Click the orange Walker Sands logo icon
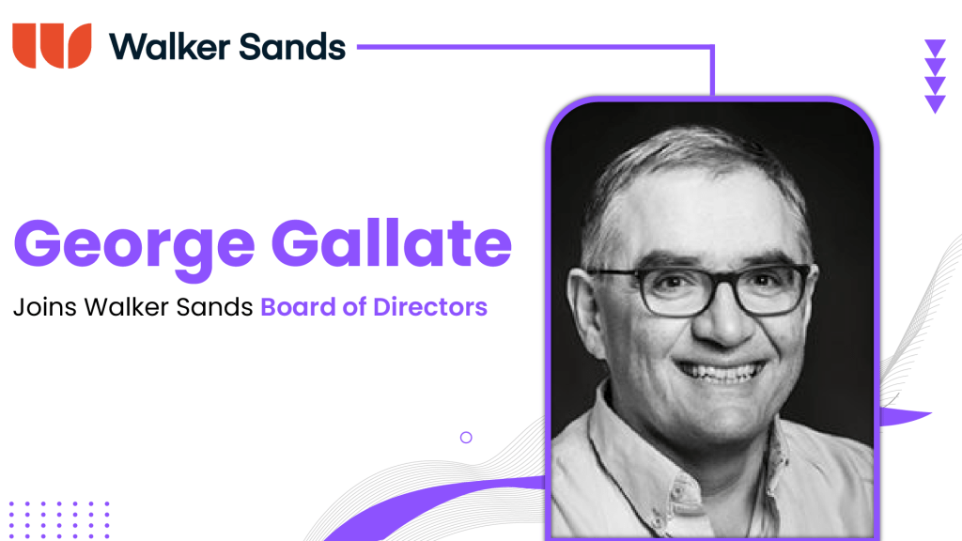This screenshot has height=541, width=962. pos(52,45)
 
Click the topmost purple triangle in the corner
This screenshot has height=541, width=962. pos(935,48)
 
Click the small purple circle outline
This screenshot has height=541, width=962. pos(466,437)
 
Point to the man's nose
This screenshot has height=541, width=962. pos(704,324)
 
